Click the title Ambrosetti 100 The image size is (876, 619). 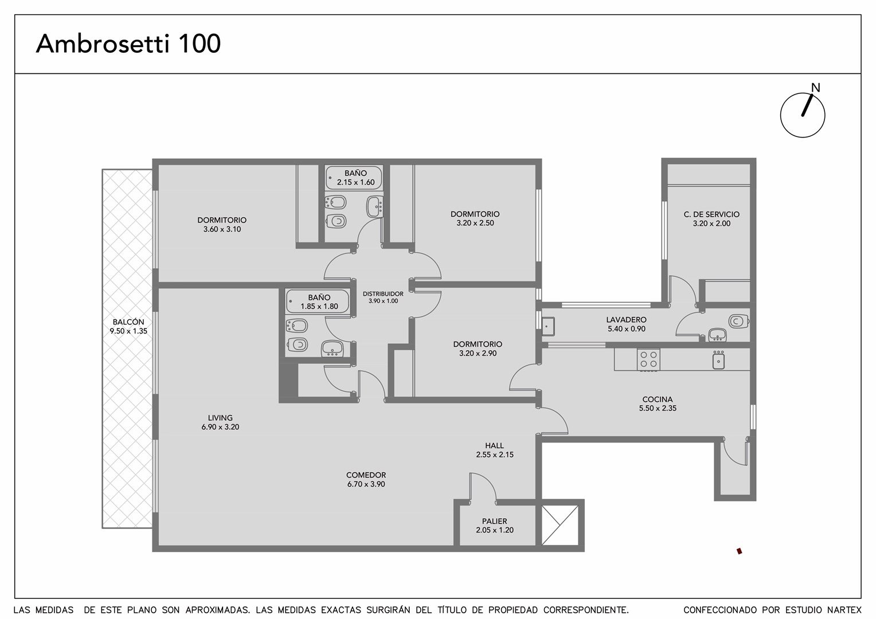point(128,44)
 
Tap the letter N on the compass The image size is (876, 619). point(815,88)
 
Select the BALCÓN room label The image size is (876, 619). point(128,322)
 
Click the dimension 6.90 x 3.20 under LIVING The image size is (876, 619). point(220,427)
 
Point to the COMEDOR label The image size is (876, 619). point(366,475)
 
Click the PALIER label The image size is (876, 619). point(494,521)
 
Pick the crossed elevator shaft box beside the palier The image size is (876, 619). point(560,525)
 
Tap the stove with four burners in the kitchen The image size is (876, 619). point(648,360)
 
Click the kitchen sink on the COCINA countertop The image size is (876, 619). point(718,360)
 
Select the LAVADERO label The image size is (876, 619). point(626,320)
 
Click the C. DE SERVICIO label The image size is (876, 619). point(711,214)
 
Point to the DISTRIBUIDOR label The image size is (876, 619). point(383,293)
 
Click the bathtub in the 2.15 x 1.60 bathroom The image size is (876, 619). point(353,178)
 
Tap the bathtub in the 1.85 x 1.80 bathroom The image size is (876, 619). point(317,301)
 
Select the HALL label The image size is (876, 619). point(494,445)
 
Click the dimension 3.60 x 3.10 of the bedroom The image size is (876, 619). point(222,229)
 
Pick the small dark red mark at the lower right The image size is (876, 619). point(739,551)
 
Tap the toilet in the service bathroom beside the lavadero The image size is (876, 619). point(738,322)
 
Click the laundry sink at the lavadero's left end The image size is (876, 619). point(548,326)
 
